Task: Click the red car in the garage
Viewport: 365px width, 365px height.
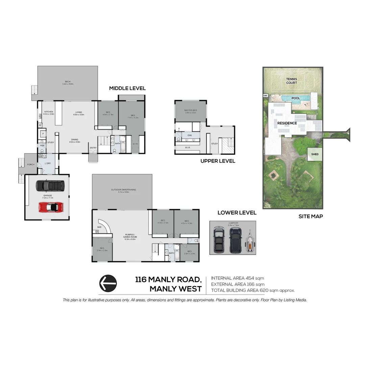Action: pos(51,207)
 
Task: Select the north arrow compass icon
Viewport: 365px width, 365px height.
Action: pos(108,283)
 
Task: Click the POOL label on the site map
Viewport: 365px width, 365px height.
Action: pos(296,98)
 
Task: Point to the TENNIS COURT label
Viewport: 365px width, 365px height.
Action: pos(291,81)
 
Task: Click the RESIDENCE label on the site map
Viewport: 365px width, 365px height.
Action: pos(287,123)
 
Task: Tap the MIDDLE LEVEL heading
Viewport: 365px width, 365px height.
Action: pos(127,88)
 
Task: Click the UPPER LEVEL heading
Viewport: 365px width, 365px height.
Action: pos(218,161)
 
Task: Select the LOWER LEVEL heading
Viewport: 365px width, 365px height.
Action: pos(237,213)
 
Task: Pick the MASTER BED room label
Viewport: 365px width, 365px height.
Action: pos(191,111)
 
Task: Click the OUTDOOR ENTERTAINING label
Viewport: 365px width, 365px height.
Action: pos(123,190)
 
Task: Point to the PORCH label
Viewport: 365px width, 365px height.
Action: pos(30,165)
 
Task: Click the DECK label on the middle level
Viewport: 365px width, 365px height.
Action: pos(68,81)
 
